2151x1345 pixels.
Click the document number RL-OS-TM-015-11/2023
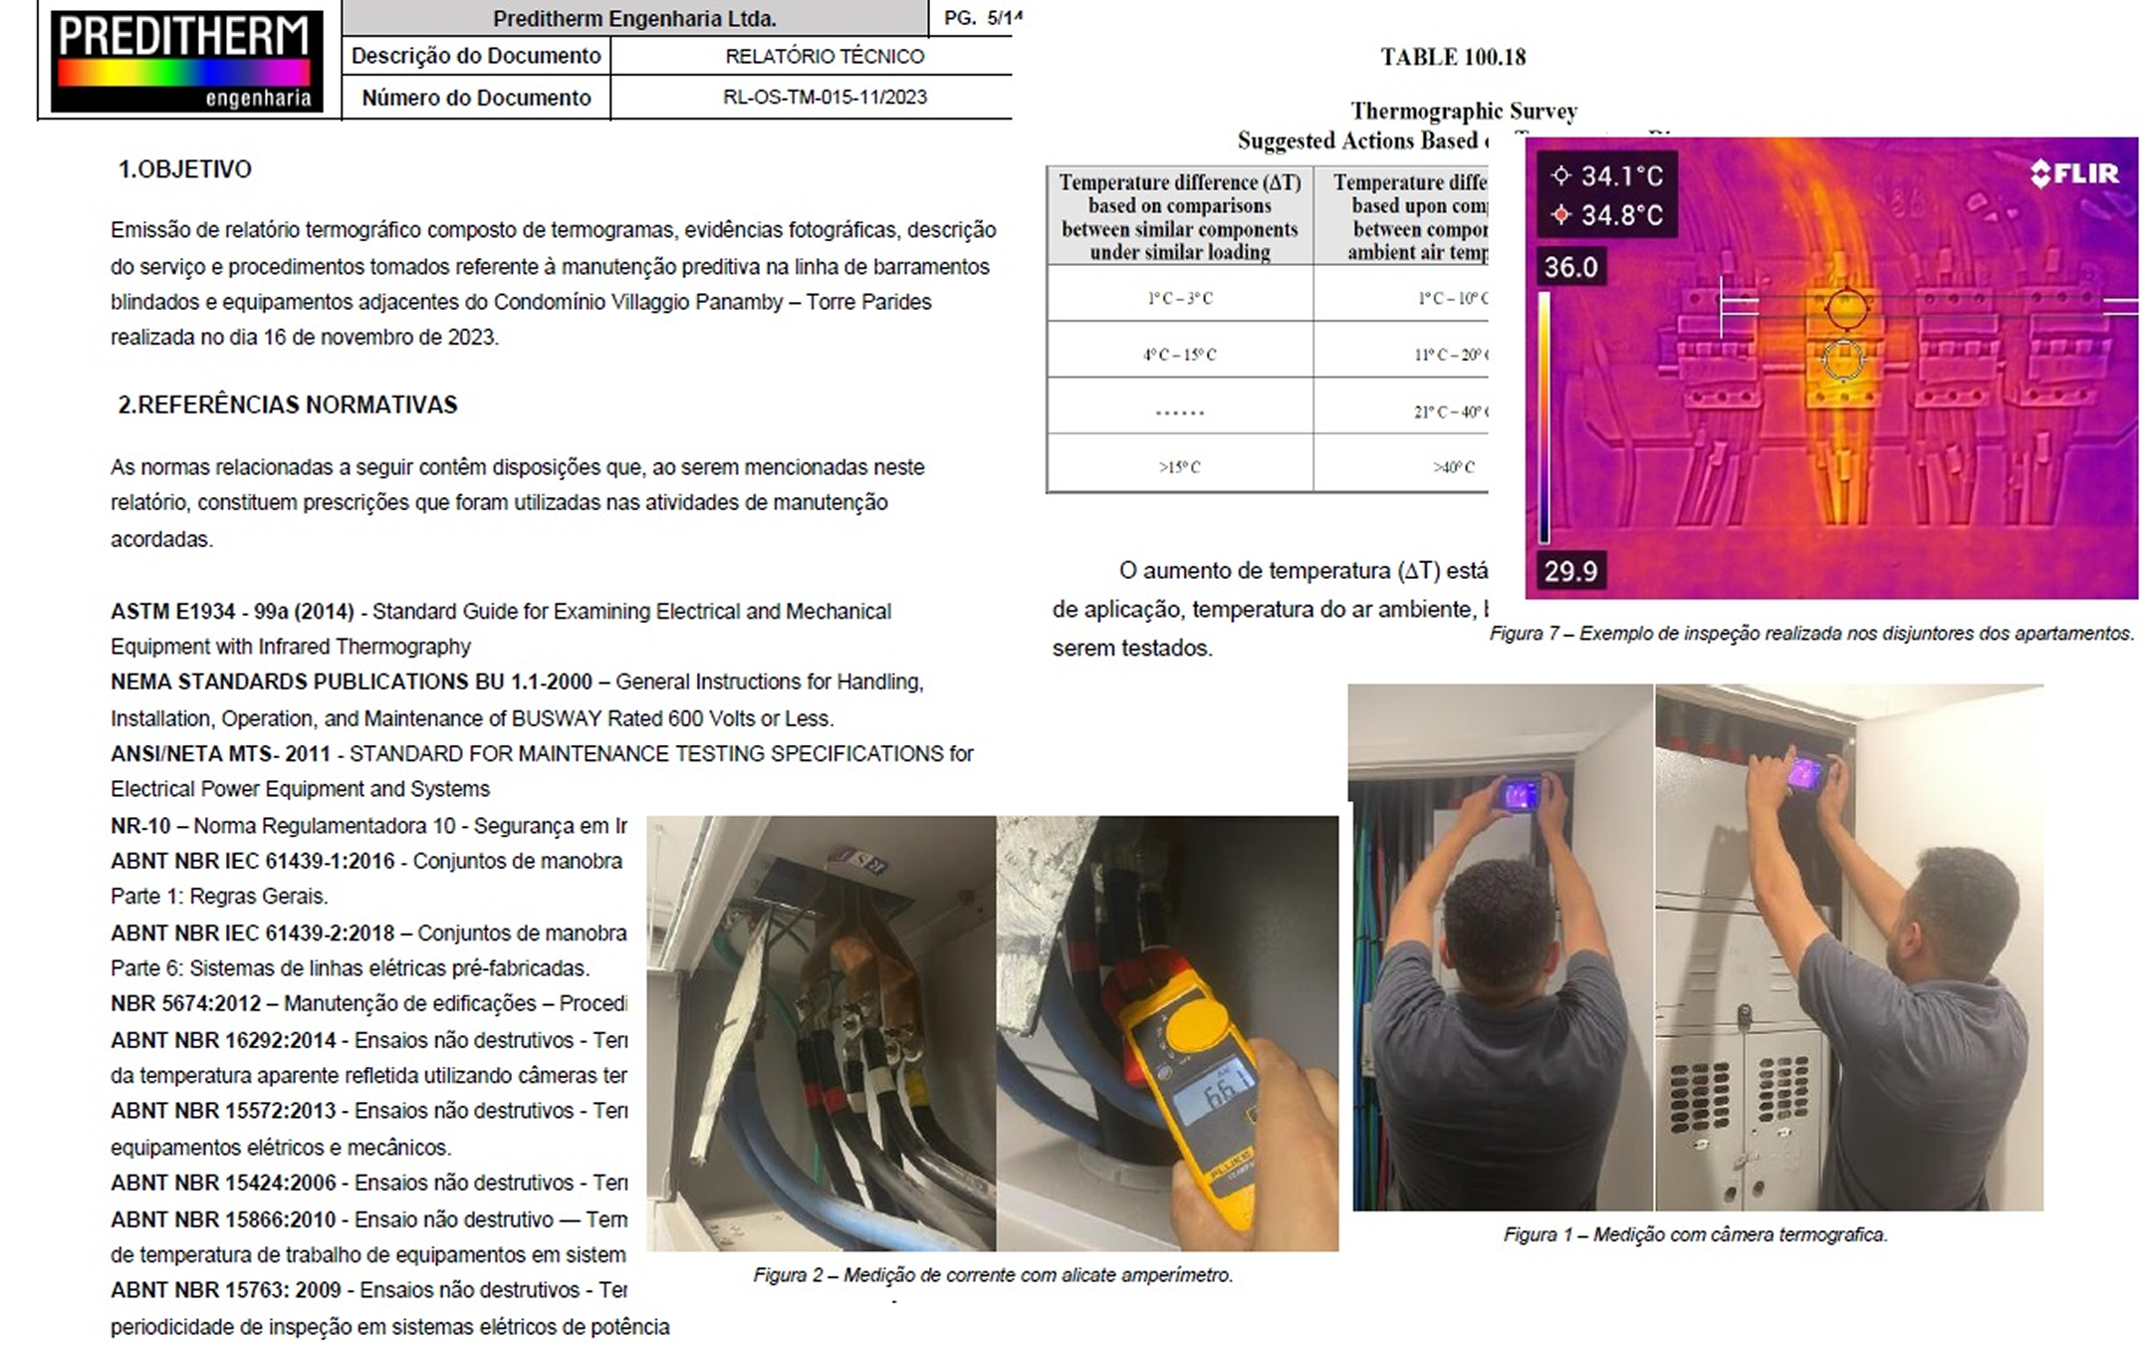pos(825,98)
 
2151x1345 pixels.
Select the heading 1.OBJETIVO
pos(185,169)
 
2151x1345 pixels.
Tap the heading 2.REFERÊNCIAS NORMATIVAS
pos(288,404)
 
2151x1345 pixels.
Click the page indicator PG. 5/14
pos(982,18)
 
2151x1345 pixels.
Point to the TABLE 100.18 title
pos(1453,58)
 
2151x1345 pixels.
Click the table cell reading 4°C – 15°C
pos(1180,355)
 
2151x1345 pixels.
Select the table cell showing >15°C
pos(1180,466)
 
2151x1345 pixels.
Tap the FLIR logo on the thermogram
pos(2075,173)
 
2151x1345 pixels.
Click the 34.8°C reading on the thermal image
pos(1620,215)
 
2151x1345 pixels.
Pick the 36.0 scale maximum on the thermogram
pos(1570,267)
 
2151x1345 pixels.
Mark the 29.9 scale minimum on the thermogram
pos(1570,571)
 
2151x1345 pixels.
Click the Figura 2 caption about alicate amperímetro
pos(993,1275)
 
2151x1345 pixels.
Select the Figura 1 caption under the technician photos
pos(1695,1235)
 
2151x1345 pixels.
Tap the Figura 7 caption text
pos(1811,634)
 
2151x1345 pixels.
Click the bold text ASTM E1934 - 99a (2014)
pos(232,612)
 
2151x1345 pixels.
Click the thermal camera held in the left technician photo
pos(1520,795)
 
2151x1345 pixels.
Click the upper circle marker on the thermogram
pos(1845,309)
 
